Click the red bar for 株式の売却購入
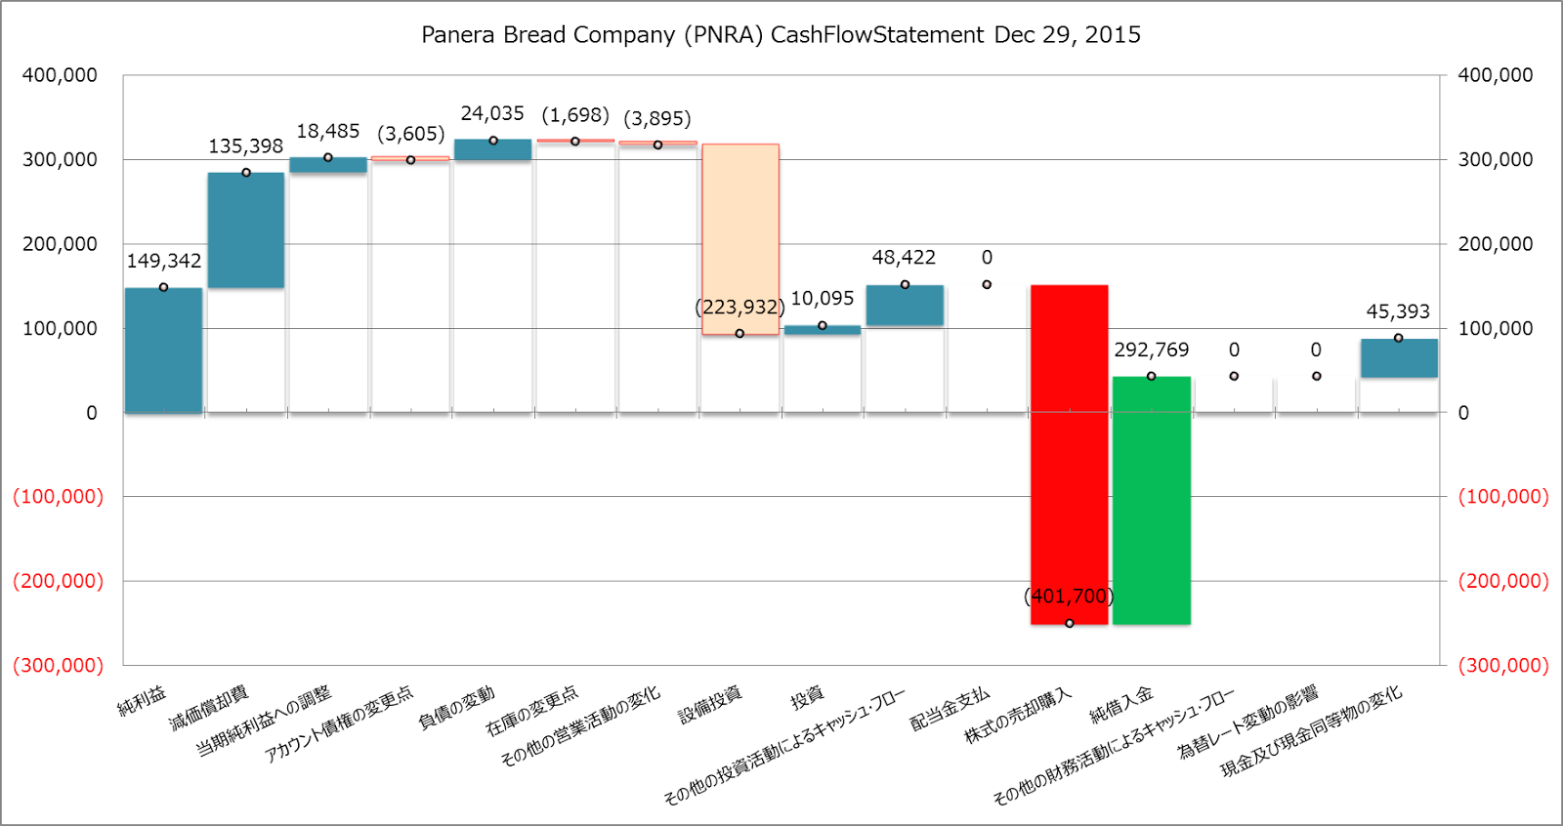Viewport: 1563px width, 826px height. (x=1069, y=454)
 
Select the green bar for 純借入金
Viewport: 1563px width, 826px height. (x=1151, y=500)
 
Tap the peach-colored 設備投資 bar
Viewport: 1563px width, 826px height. (x=739, y=239)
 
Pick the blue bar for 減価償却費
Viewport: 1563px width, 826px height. (x=245, y=230)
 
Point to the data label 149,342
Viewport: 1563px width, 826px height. (x=163, y=261)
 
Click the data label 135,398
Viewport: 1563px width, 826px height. (x=245, y=146)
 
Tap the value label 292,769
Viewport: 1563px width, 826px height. (x=1151, y=350)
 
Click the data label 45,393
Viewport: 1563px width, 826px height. (x=1397, y=311)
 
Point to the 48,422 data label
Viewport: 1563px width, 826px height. (x=904, y=258)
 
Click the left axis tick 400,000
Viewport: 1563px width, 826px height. (x=60, y=75)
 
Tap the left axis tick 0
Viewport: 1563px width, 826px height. (x=91, y=413)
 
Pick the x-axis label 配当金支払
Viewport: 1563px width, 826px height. (x=950, y=710)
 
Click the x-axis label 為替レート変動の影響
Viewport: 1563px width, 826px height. (x=1247, y=722)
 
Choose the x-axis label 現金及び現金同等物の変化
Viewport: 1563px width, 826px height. (x=1311, y=731)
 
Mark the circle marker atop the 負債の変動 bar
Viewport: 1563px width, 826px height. (x=492, y=141)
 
